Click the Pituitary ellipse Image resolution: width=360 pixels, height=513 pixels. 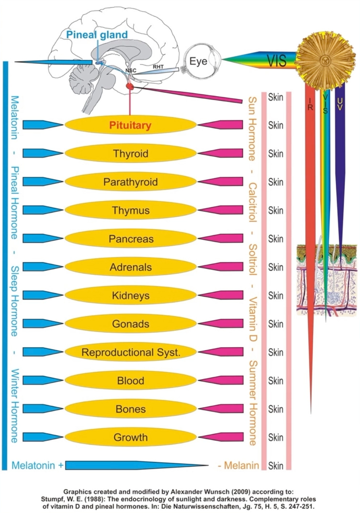(131, 125)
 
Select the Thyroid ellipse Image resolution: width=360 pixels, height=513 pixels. (131, 153)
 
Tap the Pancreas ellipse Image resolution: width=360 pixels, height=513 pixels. (131, 239)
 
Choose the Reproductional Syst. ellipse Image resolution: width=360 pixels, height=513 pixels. (131, 352)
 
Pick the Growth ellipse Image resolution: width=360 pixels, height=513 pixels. (131, 437)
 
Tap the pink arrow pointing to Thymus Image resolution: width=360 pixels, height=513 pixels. (221, 210)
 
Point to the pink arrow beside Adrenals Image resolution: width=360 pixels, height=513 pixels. (221, 267)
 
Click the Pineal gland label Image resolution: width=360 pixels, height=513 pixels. (97, 35)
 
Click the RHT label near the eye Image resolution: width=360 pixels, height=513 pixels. (158, 67)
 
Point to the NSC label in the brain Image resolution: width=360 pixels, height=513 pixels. (131, 70)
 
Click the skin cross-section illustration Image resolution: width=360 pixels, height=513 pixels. (326, 279)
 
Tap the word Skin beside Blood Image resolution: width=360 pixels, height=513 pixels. (276, 381)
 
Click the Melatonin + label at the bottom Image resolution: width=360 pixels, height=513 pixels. (38, 465)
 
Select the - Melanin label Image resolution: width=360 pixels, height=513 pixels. (238, 465)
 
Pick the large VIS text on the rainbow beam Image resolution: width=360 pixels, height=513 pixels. (277, 61)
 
